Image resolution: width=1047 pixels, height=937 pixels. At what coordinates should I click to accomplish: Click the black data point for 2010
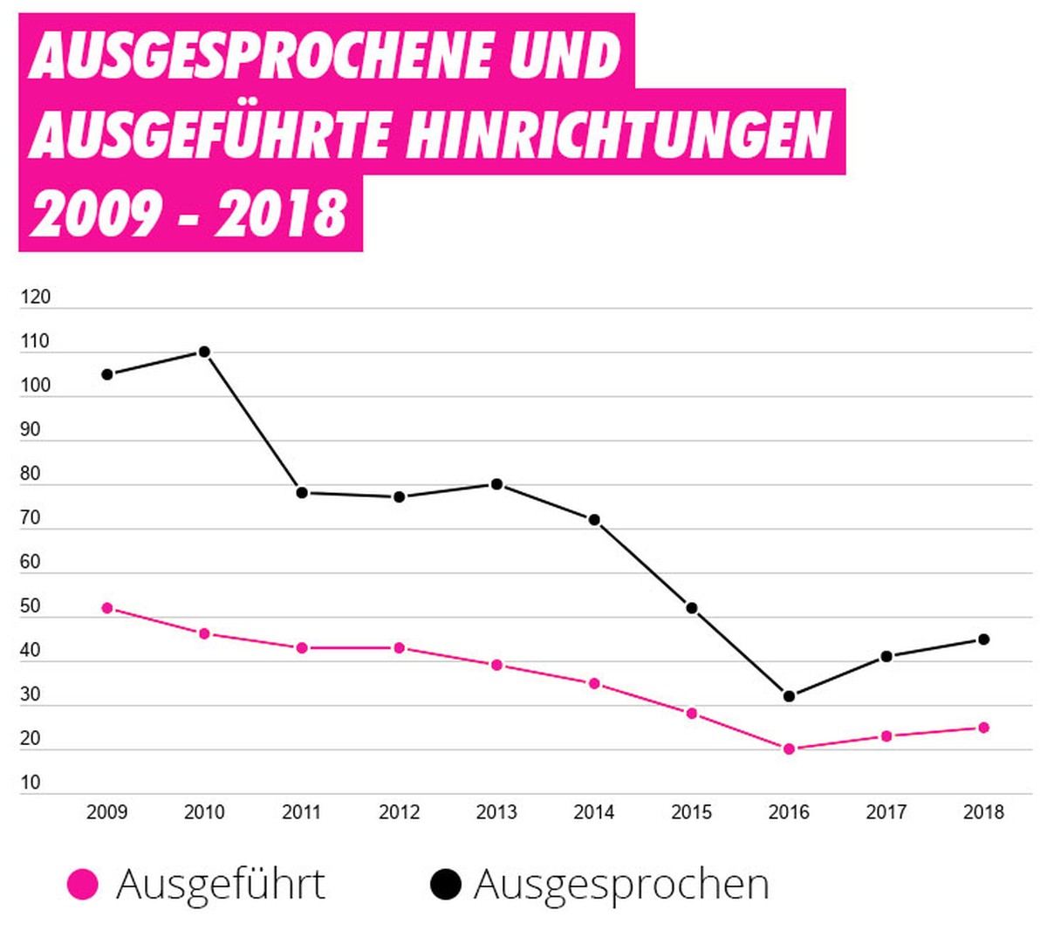[x=204, y=352]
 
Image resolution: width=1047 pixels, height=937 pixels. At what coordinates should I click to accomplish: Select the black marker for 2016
[x=789, y=696]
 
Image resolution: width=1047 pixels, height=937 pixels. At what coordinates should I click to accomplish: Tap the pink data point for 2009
[x=107, y=608]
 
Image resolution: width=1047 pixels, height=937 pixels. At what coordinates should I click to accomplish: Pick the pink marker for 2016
[x=789, y=749]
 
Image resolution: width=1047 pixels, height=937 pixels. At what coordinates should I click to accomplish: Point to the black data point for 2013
[x=496, y=484]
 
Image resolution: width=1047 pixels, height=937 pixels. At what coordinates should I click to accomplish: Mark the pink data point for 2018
[x=983, y=727]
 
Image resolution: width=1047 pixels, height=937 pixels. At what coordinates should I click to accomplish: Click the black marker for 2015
[x=691, y=608]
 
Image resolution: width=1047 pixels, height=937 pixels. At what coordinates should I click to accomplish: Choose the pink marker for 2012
[x=399, y=647]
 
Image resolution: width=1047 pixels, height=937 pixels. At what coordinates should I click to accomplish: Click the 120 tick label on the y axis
[x=35, y=298]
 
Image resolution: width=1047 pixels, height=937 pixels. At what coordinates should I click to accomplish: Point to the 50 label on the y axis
[x=30, y=605]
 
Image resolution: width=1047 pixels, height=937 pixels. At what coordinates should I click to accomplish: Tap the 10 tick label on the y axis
[x=30, y=783]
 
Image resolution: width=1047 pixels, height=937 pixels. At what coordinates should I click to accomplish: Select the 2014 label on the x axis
[x=594, y=812]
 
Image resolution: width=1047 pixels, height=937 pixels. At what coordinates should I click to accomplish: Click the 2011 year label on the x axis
[x=302, y=812]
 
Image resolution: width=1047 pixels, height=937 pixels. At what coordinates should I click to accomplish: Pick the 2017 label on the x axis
[x=886, y=812]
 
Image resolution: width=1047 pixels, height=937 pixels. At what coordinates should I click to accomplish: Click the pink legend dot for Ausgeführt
[x=83, y=884]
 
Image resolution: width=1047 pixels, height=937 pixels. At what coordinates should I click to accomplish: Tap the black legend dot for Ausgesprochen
[x=445, y=884]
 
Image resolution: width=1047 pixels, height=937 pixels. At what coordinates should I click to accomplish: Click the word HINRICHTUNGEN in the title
[x=618, y=133]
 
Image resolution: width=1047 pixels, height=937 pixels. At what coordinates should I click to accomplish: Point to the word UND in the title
[x=564, y=54]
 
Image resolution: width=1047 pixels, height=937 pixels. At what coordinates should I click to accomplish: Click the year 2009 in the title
[x=93, y=213]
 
